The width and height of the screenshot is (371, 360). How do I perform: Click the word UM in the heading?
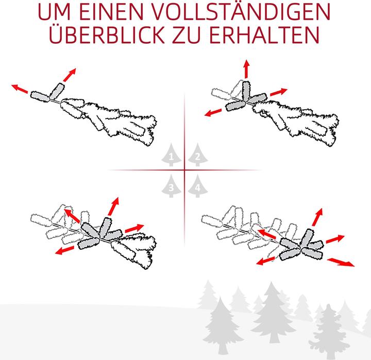tap(64, 11)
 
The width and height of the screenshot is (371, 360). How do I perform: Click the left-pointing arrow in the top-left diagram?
tap(21, 88)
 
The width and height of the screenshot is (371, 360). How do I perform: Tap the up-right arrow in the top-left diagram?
tap(69, 74)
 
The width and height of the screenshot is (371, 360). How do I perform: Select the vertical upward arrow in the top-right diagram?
tap(246, 70)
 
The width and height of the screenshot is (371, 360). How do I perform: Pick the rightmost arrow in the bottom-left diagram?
tap(135, 227)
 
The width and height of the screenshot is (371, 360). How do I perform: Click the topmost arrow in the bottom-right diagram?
tap(318, 216)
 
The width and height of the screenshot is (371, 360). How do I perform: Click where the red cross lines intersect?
tap(184, 170)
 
